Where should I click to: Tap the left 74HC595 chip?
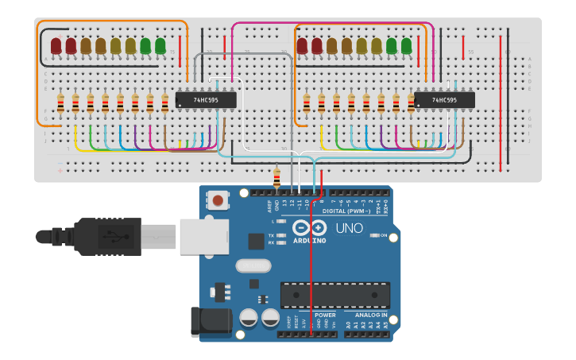[x=206, y=100]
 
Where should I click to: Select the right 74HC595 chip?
[x=444, y=100]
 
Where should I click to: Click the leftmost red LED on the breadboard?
[x=56, y=46]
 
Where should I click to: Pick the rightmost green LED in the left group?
[x=160, y=46]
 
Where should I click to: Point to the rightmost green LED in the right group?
[x=407, y=46]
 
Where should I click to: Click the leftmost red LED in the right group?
[x=303, y=46]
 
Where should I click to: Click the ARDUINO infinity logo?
[x=309, y=227]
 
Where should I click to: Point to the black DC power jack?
[x=211, y=322]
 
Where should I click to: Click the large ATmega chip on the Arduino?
[x=334, y=295]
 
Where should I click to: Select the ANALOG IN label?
[x=370, y=315]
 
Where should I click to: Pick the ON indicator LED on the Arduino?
[x=374, y=235]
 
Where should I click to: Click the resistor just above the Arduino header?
[x=276, y=178]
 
